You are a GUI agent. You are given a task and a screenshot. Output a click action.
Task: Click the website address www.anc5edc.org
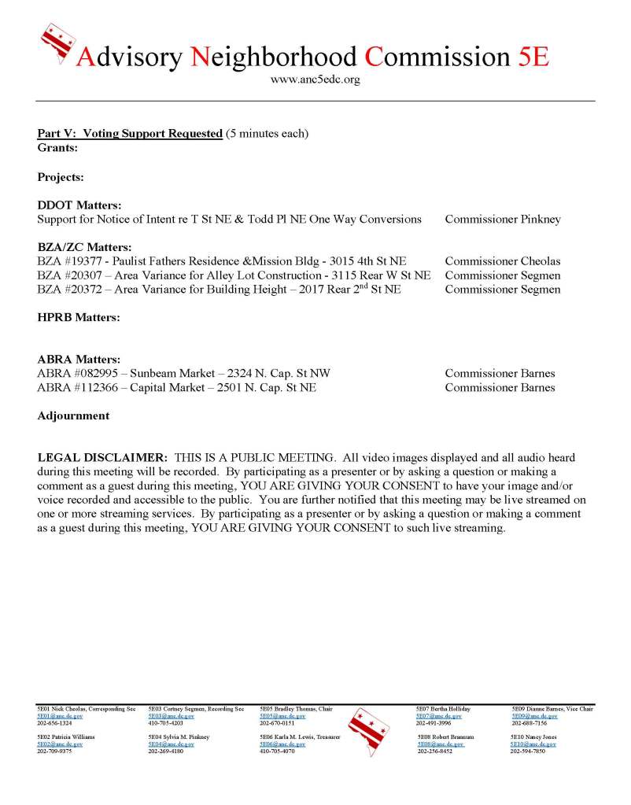(x=315, y=80)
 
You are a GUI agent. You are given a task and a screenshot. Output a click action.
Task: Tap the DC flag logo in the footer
(x=368, y=731)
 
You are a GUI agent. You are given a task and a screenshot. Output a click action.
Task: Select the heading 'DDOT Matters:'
(x=79, y=205)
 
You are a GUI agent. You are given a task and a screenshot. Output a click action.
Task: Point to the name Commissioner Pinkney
(x=503, y=220)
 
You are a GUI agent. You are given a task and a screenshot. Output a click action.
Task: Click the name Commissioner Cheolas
(x=503, y=261)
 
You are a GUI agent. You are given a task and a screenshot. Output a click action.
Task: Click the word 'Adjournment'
(x=73, y=416)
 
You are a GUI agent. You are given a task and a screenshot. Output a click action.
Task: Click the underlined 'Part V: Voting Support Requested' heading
(x=130, y=134)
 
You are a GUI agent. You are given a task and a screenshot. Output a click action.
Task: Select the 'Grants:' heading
(x=57, y=147)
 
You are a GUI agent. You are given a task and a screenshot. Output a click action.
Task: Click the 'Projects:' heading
(x=61, y=177)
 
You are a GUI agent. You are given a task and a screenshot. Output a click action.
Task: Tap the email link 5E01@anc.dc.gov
(x=60, y=717)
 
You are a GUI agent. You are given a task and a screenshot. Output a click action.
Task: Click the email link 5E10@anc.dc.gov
(x=533, y=744)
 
